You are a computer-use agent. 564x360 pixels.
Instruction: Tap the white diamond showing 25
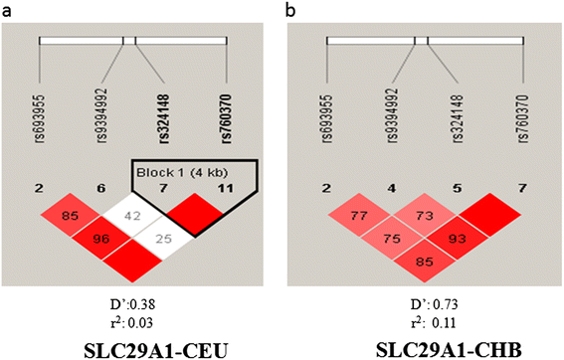[x=164, y=239]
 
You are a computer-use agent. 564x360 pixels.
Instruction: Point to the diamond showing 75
[x=395, y=239]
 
